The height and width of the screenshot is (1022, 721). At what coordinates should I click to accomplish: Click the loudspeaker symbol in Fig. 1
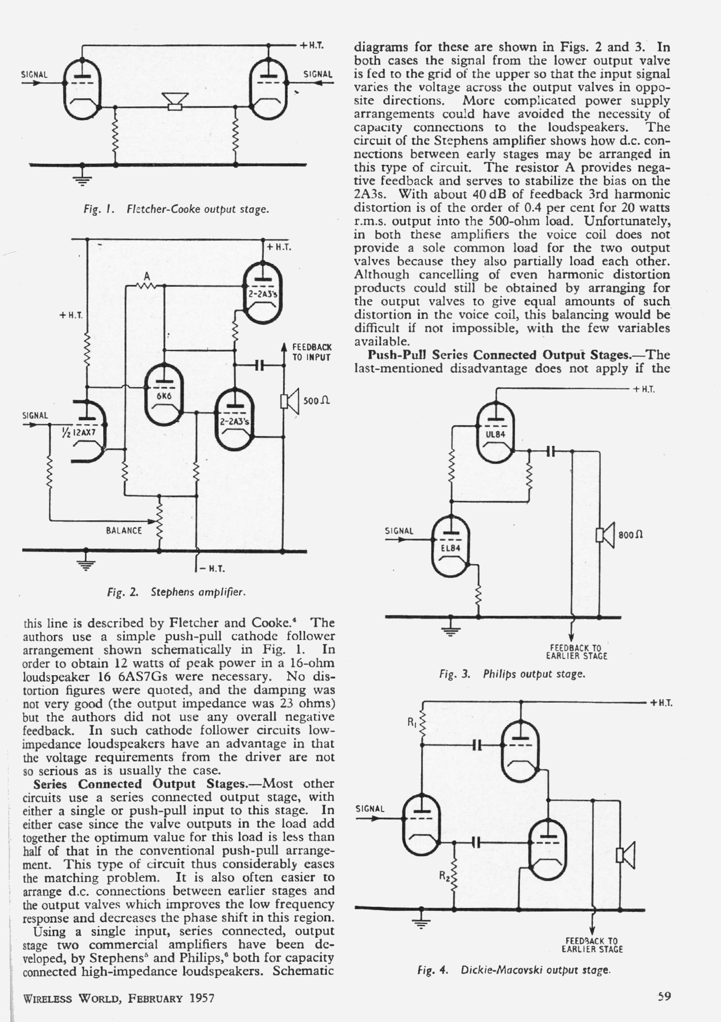click(x=175, y=101)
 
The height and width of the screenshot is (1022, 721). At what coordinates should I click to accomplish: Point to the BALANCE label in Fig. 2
click(x=124, y=531)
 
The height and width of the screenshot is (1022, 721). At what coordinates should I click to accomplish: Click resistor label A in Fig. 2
click(x=147, y=277)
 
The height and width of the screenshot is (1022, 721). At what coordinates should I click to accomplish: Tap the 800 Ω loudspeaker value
click(x=630, y=535)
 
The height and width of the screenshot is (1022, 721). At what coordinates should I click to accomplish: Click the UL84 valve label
click(x=495, y=434)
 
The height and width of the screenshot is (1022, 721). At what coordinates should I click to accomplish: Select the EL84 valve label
click(x=450, y=548)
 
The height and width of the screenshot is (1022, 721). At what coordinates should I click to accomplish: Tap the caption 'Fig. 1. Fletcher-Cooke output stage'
click(x=176, y=209)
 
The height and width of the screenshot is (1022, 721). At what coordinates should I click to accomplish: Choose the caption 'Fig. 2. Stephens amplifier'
click(x=176, y=592)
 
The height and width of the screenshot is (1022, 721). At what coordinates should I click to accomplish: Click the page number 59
click(x=664, y=996)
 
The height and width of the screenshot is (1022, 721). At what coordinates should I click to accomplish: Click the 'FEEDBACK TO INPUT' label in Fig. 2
click(x=311, y=352)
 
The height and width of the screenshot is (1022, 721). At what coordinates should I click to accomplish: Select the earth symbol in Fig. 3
click(x=450, y=628)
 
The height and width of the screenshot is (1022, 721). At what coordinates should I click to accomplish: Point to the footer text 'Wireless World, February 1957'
click(x=119, y=999)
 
